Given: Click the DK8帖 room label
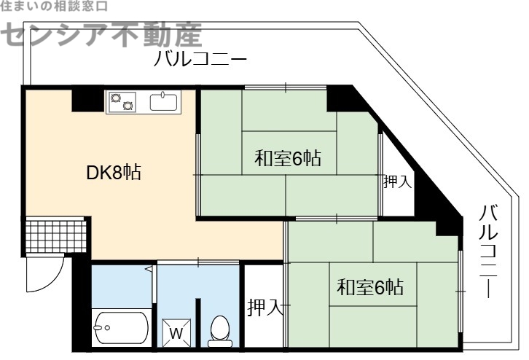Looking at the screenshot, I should (x=114, y=173).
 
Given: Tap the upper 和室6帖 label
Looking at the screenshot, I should (x=289, y=158).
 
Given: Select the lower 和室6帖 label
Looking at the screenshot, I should (x=370, y=287).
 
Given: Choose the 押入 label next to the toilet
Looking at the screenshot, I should (x=264, y=307).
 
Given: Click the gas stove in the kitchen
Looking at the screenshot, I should (x=122, y=101).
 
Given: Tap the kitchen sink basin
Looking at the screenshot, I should (x=164, y=101).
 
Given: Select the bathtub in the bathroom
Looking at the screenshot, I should (x=121, y=328).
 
